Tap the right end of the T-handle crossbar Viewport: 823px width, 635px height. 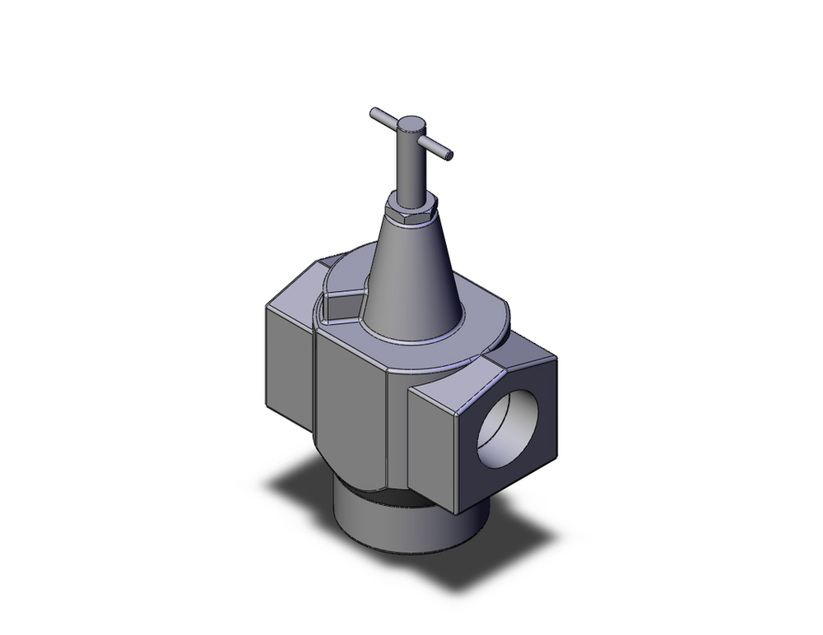449,153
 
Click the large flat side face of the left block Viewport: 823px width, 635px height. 288,362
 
